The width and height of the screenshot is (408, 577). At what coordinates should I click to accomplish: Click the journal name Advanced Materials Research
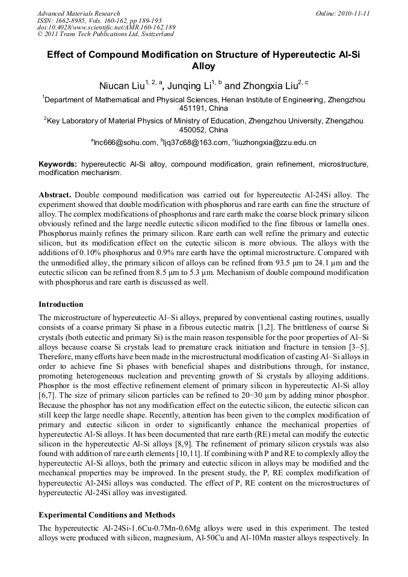coord(78,13)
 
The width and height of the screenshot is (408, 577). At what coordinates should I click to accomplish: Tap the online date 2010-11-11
coord(353,13)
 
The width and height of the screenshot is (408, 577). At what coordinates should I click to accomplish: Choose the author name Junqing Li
coord(190,85)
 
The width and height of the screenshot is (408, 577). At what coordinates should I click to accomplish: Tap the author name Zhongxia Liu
coord(265,85)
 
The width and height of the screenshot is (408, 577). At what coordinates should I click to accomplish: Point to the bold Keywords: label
coord(58,164)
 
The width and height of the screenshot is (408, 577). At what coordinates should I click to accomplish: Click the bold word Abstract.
coord(56,195)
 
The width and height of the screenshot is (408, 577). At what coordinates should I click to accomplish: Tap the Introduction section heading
coord(61,304)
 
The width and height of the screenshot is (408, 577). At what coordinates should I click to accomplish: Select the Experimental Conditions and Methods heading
coord(107,515)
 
